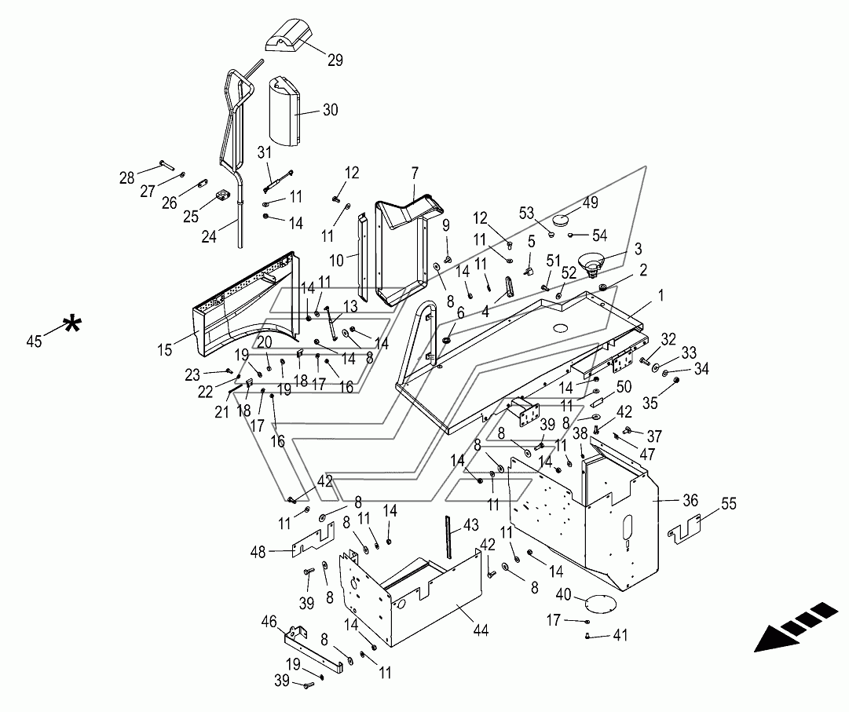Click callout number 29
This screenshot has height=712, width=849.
coord(335,60)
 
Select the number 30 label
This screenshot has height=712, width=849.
coord(331,110)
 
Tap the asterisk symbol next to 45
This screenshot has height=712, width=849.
coord(71,325)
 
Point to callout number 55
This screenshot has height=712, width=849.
coord(729,504)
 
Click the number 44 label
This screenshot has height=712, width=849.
coord(481,630)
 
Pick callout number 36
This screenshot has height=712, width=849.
coord(690,500)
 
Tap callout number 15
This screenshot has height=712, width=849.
coord(165,350)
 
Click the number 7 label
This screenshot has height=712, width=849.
coord(415,173)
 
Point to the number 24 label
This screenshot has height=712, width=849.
coord(209,236)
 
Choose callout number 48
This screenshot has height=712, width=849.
coord(258,552)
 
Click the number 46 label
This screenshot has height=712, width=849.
coord(269,622)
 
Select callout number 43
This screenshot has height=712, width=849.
coord(471,525)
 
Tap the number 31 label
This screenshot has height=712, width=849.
coord(264,153)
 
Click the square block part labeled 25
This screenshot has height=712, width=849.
coord(220,195)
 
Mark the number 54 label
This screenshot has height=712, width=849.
coord(599,236)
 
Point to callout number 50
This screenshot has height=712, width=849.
coord(624,387)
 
